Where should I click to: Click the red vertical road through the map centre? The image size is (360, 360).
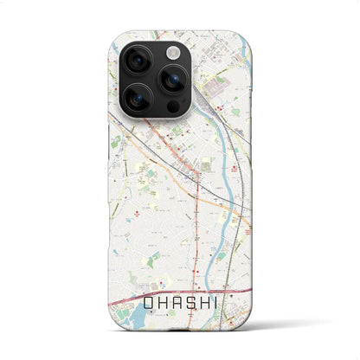(x=199, y=216)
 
